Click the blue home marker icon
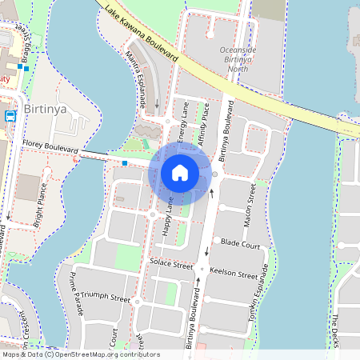(x=180, y=173)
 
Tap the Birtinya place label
(x=45, y=107)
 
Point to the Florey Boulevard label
(x=50, y=146)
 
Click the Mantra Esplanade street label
(x=137, y=78)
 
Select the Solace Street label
(x=171, y=262)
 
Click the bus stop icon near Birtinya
(x=10, y=115)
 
